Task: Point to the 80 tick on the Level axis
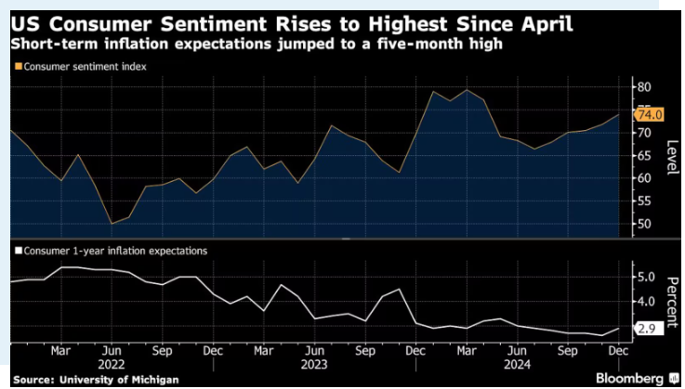pyautogui.click(x=643, y=87)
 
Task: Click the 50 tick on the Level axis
pyautogui.click(x=643, y=224)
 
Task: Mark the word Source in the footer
pyautogui.click(x=33, y=379)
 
